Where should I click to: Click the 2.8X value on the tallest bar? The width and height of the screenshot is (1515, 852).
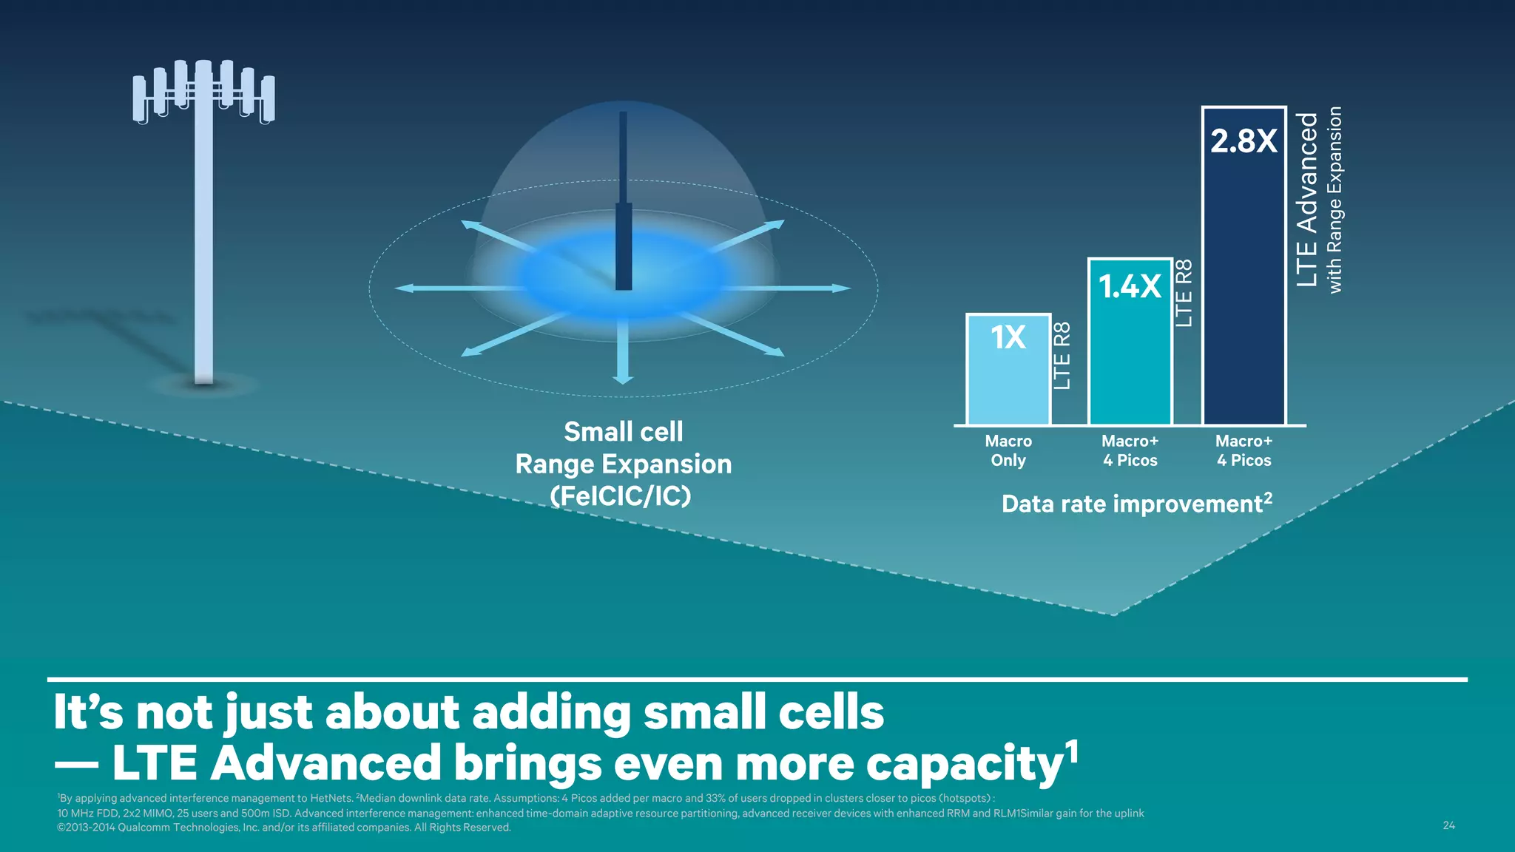click(1244, 141)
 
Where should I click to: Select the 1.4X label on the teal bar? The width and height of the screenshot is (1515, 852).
click(1130, 286)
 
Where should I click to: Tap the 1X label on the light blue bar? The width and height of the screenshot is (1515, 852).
click(1008, 337)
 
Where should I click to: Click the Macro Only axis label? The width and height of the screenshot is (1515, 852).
click(1008, 450)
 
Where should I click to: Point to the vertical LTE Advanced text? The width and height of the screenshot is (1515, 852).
click(1307, 200)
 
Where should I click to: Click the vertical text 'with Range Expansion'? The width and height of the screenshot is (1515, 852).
click(1335, 200)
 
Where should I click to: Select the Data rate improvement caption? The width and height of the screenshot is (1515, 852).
click(1136, 504)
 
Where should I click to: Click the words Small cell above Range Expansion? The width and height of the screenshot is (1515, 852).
click(623, 431)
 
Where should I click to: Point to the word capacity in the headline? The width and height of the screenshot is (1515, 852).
click(965, 765)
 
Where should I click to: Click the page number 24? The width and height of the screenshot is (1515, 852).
click(1448, 825)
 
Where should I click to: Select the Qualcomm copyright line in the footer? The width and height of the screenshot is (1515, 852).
click(284, 828)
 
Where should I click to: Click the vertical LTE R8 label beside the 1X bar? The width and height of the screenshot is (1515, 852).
click(1062, 356)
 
